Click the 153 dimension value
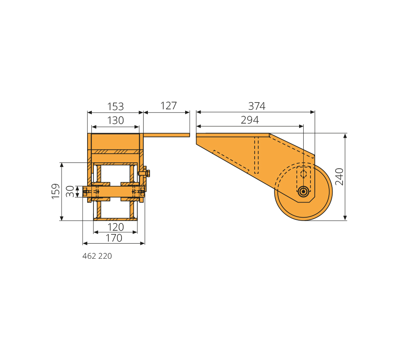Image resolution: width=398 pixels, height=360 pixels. coord(116,107)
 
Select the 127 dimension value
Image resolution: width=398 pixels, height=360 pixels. coord(168,106)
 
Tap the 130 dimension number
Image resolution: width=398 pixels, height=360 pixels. coord(116,121)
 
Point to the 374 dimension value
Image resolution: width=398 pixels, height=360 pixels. coord(257,106)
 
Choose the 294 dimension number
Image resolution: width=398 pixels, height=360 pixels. coord(250,120)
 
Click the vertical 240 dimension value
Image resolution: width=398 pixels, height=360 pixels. coord(339,177)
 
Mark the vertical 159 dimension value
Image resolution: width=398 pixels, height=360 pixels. coord(56,191)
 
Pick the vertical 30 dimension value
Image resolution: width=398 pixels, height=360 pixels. coord(70,191)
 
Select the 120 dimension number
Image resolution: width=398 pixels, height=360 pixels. coord(116,227)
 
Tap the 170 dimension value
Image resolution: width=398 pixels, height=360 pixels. coord(114,238)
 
